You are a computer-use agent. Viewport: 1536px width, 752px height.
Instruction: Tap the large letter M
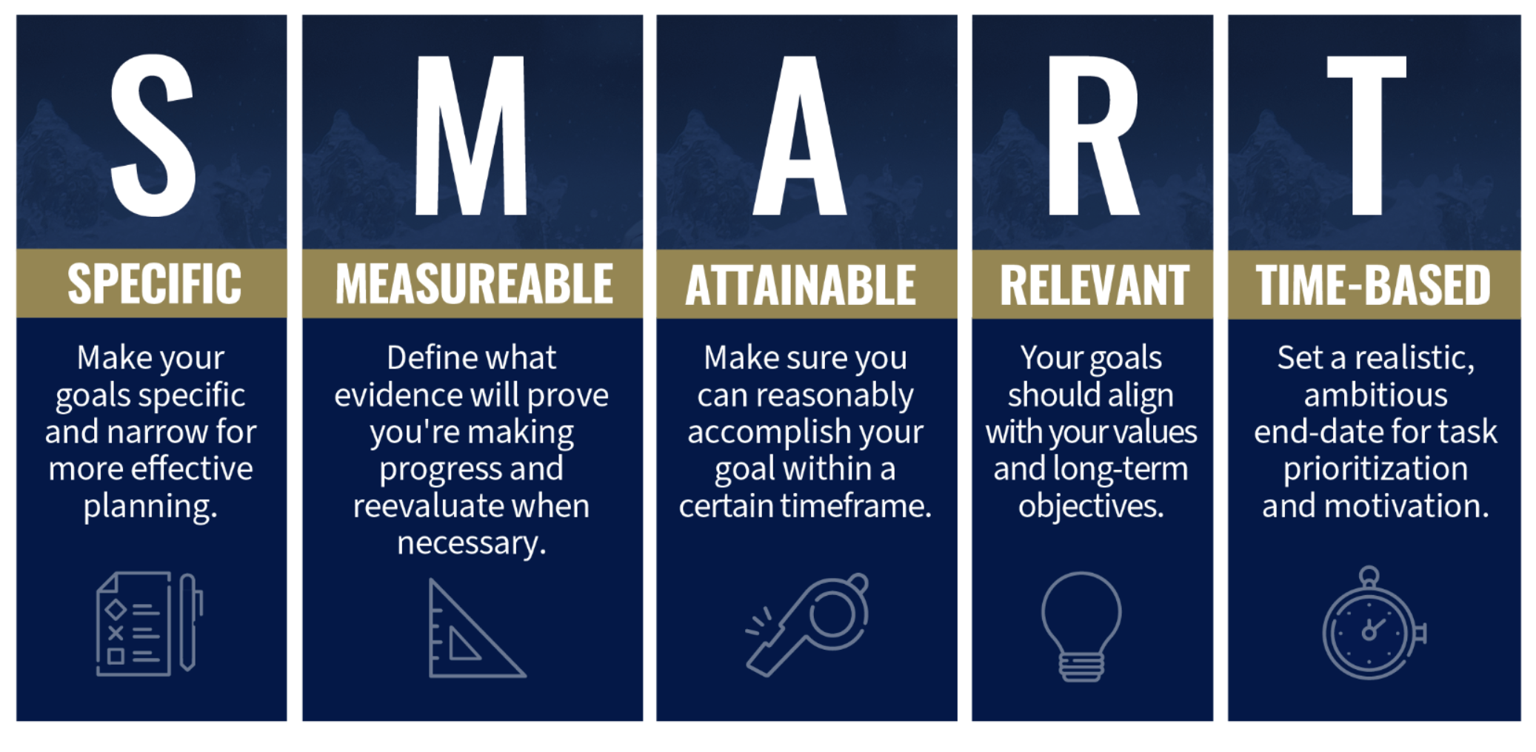click(471, 135)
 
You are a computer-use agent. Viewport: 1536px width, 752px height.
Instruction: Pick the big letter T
click(1366, 135)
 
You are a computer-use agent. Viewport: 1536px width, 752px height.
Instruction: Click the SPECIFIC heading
click(154, 284)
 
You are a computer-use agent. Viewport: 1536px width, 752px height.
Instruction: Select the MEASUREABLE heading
click(474, 284)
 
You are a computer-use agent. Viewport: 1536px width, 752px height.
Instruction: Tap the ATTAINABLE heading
click(801, 285)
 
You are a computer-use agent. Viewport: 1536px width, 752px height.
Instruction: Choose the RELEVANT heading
click(1095, 285)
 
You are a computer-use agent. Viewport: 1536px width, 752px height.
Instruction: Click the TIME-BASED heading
click(1374, 285)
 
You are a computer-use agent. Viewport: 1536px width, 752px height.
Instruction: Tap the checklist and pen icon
click(150, 624)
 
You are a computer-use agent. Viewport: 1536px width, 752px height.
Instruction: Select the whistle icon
click(807, 624)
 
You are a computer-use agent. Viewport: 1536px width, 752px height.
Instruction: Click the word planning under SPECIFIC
click(150, 507)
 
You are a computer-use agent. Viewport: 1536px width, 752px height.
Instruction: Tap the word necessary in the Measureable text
click(472, 544)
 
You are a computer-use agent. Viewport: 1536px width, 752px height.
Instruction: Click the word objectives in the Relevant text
click(1091, 507)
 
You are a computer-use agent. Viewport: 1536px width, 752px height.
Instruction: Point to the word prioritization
click(1375, 469)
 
